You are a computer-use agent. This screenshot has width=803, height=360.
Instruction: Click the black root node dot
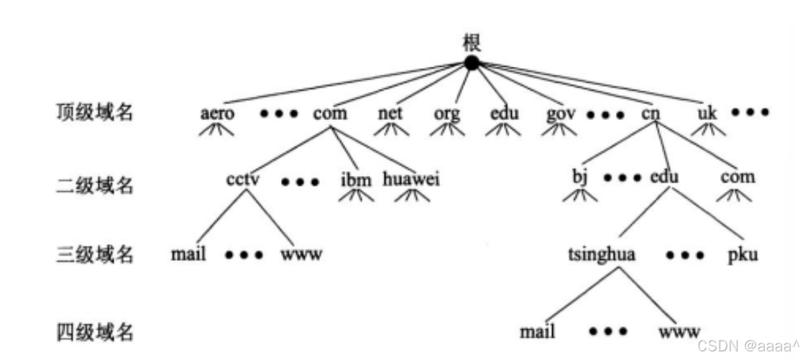point(471,63)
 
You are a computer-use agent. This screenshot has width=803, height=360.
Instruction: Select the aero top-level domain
point(216,114)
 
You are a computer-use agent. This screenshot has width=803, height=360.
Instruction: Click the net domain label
point(391,114)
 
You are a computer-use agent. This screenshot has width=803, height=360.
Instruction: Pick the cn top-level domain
point(651,114)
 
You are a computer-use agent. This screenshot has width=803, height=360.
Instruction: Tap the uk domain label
point(707,114)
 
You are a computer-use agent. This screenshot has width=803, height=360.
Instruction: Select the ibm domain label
point(356,178)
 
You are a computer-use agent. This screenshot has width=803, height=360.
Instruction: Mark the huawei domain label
point(411,177)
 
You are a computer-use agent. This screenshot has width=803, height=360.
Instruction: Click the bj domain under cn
point(580,177)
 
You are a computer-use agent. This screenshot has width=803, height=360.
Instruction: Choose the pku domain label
point(743,255)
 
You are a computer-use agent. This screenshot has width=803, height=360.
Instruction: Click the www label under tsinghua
point(679,332)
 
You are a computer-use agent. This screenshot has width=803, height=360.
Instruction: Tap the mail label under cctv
point(188,254)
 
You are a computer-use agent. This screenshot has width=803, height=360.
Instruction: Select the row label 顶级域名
point(95,113)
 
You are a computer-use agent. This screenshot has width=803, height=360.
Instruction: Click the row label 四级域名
point(95,332)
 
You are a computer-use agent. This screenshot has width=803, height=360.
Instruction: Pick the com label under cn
point(738,177)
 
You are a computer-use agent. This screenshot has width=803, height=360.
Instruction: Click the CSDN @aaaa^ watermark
point(749,346)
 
